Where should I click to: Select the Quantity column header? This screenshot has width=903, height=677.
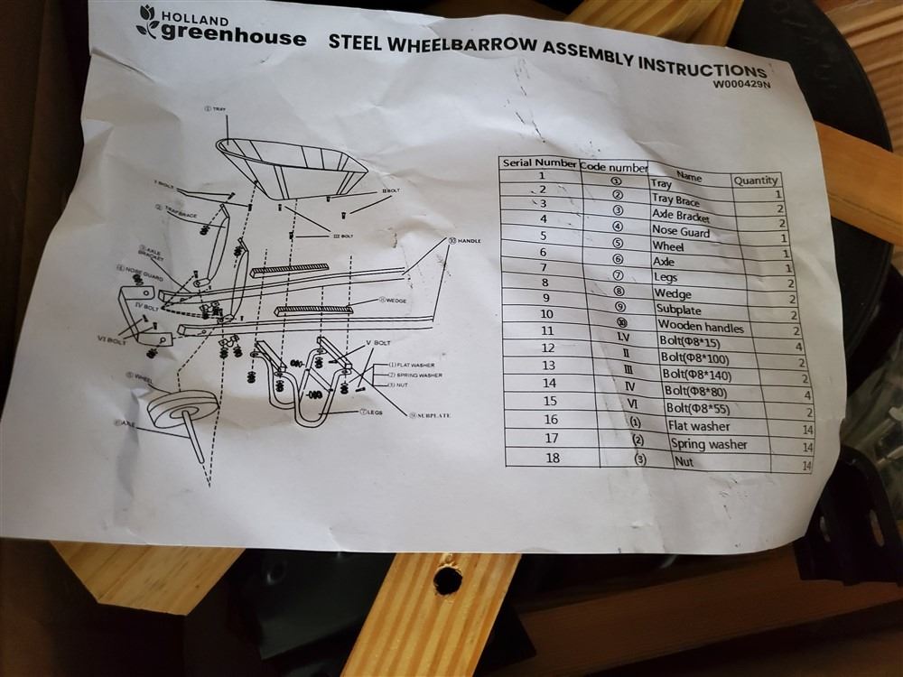coord(756,180)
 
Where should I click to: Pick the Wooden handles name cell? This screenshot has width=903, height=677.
coord(701,326)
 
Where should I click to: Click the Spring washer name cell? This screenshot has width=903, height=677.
coord(709,444)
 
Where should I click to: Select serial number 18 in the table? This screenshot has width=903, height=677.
coord(552,458)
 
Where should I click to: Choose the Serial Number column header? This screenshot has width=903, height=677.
coord(538,164)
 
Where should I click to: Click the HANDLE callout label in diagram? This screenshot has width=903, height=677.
coord(467,242)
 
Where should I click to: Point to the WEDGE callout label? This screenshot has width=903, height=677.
coord(400,300)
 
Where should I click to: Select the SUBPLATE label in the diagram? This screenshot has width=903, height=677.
coord(433,415)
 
